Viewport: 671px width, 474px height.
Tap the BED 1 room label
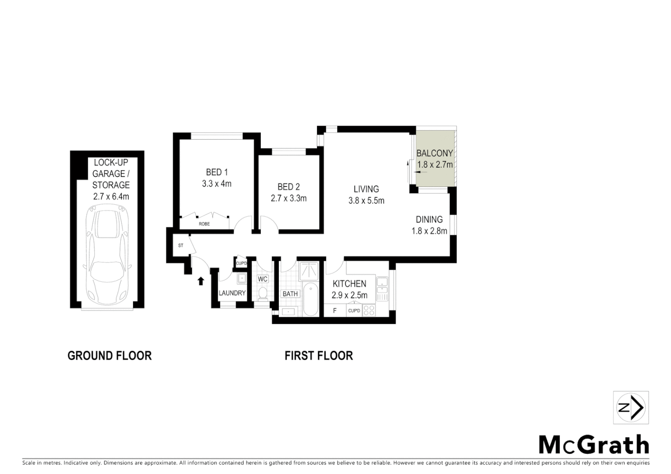coord(217,172)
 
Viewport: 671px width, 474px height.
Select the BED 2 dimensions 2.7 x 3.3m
coord(289,198)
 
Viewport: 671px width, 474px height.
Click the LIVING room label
coord(366,189)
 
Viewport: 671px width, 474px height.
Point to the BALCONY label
coord(434,153)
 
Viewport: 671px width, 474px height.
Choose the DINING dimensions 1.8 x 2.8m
coord(429,231)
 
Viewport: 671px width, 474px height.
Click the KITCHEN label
coord(350,284)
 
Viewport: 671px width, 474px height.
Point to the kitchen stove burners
coord(369,310)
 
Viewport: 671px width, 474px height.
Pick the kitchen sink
coord(382,284)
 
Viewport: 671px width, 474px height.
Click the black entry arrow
coord(201,280)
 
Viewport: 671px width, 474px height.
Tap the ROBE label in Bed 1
coord(204,224)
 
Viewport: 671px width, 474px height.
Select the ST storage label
coord(180,246)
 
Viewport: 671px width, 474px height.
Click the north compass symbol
coord(631,408)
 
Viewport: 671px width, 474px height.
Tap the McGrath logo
coord(594,445)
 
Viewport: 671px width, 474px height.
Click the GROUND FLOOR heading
coord(110,355)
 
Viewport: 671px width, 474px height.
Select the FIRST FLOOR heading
coord(319,355)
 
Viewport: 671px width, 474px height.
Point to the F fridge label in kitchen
coord(335,311)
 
